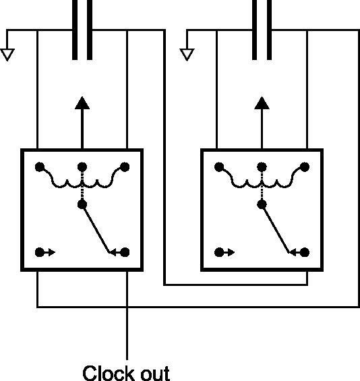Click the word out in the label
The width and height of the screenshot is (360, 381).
pyautogui.click(x=156, y=374)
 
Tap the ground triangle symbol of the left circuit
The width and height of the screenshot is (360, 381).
pyautogui.click(x=7, y=55)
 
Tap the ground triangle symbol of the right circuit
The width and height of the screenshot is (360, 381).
pyautogui.click(x=187, y=55)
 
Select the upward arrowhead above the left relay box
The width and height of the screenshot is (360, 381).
pyautogui.click(x=82, y=103)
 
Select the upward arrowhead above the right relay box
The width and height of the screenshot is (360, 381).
pyautogui.click(x=262, y=103)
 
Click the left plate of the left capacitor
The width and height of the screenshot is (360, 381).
pyautogui.click(x=75, y=30)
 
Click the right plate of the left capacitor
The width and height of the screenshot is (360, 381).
pyautogui.click(x=90, y=30)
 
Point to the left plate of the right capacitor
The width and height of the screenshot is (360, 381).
pyautogui.click(x=254, y=30)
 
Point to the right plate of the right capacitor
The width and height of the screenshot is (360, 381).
pyautogui.click(x=269, y=30)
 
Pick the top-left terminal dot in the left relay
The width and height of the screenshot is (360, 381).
pyautogui.click(x=40, y=167)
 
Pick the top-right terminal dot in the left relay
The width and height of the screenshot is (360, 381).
pyautogui.click(x=125, y=167)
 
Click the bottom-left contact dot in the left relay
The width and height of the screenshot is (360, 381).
pyautogui.click(x=40, y=252)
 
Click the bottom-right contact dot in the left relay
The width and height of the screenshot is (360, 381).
pyautogui.click(x=125, y=252)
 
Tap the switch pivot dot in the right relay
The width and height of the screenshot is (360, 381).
pyautogui.click(x=262, y=204)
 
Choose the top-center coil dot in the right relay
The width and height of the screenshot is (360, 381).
pyautogui.click(x=262, y=167)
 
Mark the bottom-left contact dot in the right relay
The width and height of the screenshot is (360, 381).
pyautogui.click(x=219, y=252)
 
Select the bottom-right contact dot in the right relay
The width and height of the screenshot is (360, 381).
pyautogui.click(x=305, y=252)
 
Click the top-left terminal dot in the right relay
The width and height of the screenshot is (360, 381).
pyautogui.click(x=219, y=167)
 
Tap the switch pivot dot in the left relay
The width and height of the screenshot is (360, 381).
pyautogui.click(x=82, y=204)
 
